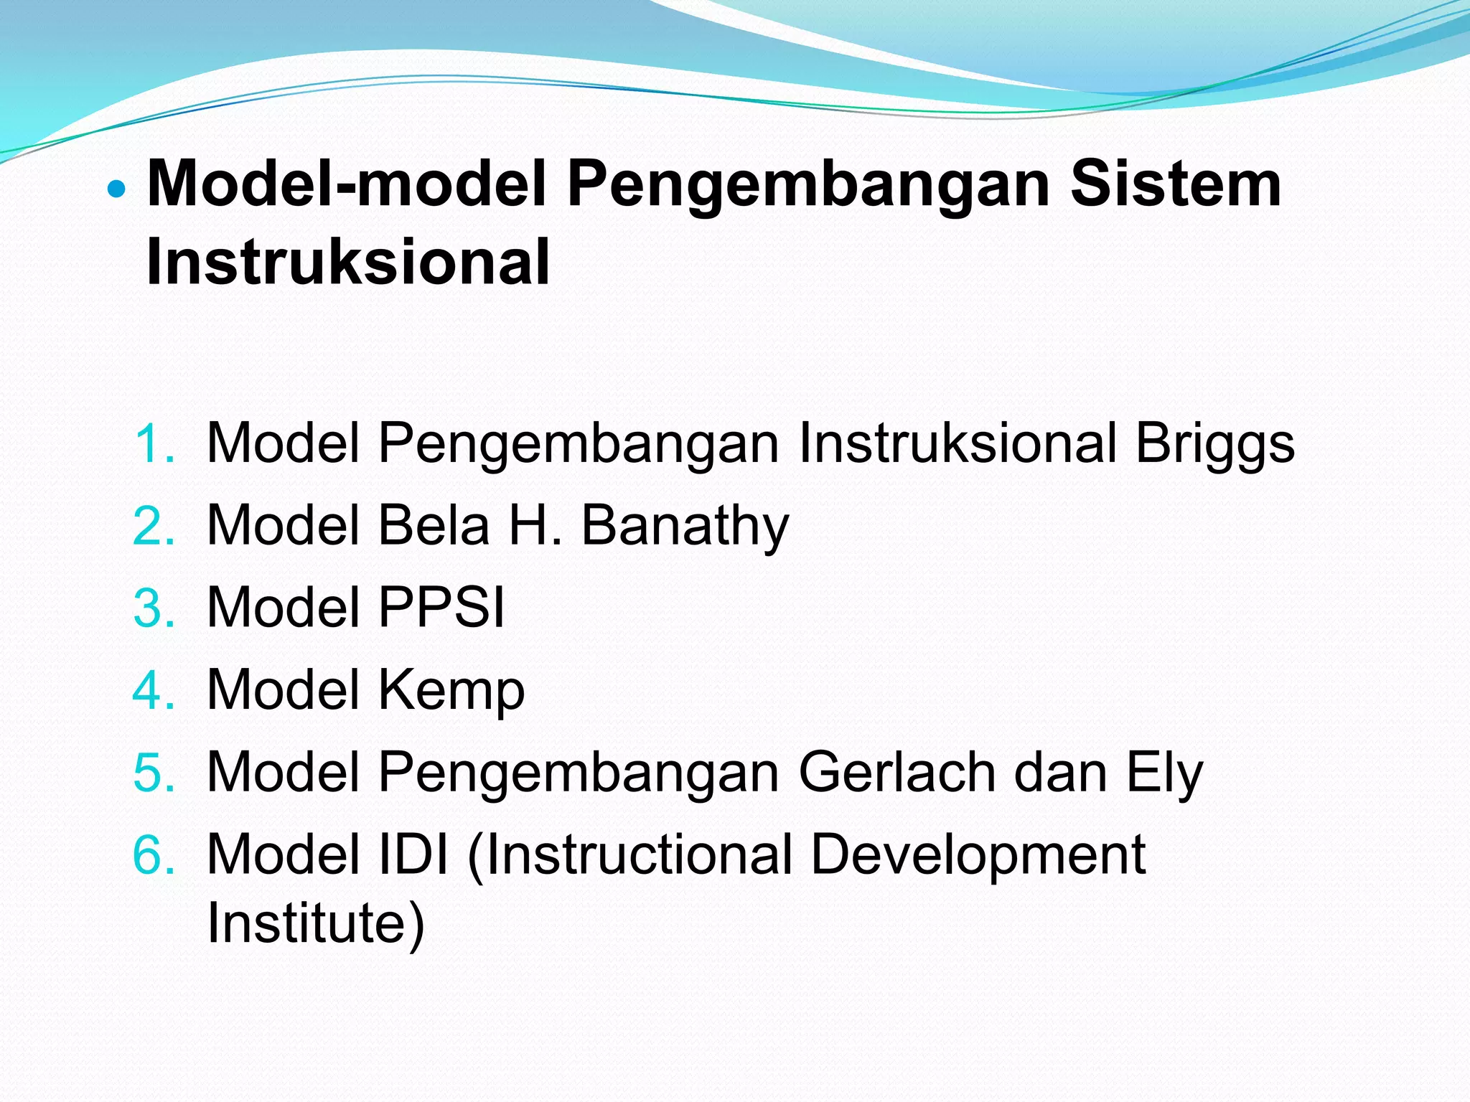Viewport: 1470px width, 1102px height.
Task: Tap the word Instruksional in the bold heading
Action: pyautogui.click(x=348, y=263)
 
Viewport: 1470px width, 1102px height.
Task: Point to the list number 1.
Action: pyautogui.click(x=154, y=444)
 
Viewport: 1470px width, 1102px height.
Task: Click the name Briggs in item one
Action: pyautogui.click(x=1214, y=444)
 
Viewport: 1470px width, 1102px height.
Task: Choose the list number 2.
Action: pyautogui.click(x=154, y=527)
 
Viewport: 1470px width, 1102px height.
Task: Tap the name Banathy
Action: pyautogui.click(x=685, y=527)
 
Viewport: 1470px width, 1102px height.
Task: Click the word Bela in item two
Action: pyautogui.click(x=434, y=525)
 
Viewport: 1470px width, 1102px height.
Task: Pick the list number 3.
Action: pyautogui.click(x=154, y=608)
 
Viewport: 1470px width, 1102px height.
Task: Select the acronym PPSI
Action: pyautogui.click(x=441, y=608)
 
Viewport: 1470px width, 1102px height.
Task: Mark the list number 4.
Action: pyautogui.click(x=154, y=690)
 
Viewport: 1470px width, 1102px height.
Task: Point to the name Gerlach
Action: pyautogui.click(x=897, y=773)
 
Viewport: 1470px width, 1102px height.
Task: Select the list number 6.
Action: pyautogui.click(x=154, y=855)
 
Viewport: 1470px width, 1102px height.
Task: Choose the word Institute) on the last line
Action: pyautogui.click(x=316, y=923)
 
